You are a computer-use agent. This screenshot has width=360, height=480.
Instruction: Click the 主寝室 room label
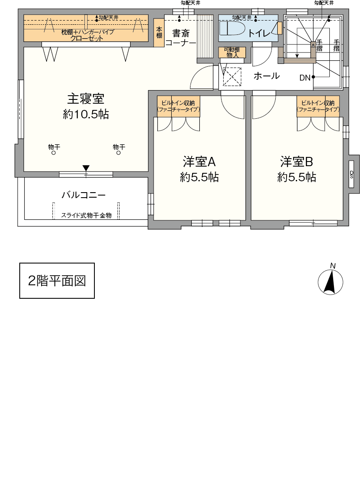pyautogui.click(x=86, y=99)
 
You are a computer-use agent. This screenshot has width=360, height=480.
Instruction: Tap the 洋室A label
pyautogui.click(x=199, y=162)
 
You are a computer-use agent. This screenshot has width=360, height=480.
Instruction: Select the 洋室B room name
pyautogui.click(x=296, y=162)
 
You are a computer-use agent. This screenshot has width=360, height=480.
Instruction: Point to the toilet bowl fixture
pyautogui.click(x=232, y=28)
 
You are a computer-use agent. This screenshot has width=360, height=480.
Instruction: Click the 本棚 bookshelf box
pyautogui.click(x=159, y=33)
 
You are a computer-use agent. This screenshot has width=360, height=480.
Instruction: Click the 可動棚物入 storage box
pyautogui.click(x=232, y=52)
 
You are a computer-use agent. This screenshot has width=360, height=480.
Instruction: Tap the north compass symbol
pyautogui.click(x=330, y=280)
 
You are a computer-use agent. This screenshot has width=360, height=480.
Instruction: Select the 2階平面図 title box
pyautogui.click(x=57, y=280)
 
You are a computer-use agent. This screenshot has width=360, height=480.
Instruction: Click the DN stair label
pyautogui.click(x=305, y=78)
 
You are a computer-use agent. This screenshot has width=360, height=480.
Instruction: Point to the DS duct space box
pyautogui.click(x=352, y=174)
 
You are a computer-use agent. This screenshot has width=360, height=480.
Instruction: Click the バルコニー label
pyautogui.click(x=83, y=195)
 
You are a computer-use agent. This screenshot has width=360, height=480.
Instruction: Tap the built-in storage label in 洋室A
pyautogui.click(x=178, y=106)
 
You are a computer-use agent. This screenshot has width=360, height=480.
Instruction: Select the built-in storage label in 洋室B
pyautogui.click(x=318, y=106)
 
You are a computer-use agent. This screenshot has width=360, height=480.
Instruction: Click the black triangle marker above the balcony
pyautogui.click(x=86, y=168)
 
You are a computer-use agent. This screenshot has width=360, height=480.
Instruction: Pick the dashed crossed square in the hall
pyautogui.click(x=232, y=76)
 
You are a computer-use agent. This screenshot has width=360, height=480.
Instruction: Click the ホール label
pyautogui.click(x=266, y=76)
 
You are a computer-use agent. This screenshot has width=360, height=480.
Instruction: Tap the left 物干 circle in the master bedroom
pyautogui.click(x=54, y=153)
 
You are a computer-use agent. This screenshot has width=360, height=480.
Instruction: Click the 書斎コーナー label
pyautogui.click(x=180, y=38)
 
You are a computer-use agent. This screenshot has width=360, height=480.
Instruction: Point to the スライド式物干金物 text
pyautogui.click(x=86, y=216)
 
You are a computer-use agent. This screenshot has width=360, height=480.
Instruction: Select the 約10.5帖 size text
pyautogui.click(x=86, y=114)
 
